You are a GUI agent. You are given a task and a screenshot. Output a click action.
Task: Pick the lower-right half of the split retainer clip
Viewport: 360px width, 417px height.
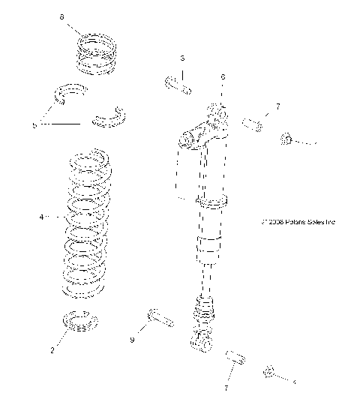110,116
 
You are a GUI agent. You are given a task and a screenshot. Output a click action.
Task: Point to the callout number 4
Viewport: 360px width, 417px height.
42,217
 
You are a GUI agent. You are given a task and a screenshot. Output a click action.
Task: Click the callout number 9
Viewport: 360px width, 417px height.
133,340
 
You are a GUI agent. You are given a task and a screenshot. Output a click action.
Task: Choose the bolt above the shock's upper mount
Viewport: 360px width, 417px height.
178,84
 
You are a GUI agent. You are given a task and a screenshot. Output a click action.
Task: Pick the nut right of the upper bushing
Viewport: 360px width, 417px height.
286,138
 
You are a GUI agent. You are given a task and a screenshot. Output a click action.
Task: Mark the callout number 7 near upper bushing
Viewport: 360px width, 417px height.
277,107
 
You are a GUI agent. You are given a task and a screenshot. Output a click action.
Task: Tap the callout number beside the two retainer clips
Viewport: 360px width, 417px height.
34,125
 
